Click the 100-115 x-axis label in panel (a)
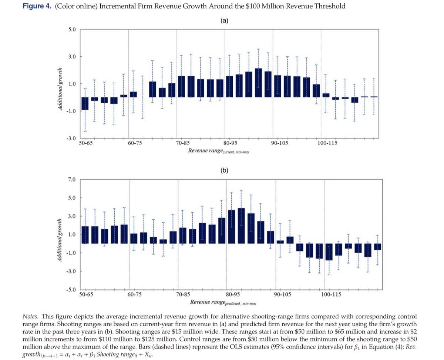327,144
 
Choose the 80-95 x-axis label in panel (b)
232,295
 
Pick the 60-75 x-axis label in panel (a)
135,144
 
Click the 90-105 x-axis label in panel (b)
282,295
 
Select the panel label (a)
224,21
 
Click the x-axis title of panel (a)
218,151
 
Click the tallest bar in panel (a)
258,83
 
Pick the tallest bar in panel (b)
241,226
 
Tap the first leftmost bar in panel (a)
85,103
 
